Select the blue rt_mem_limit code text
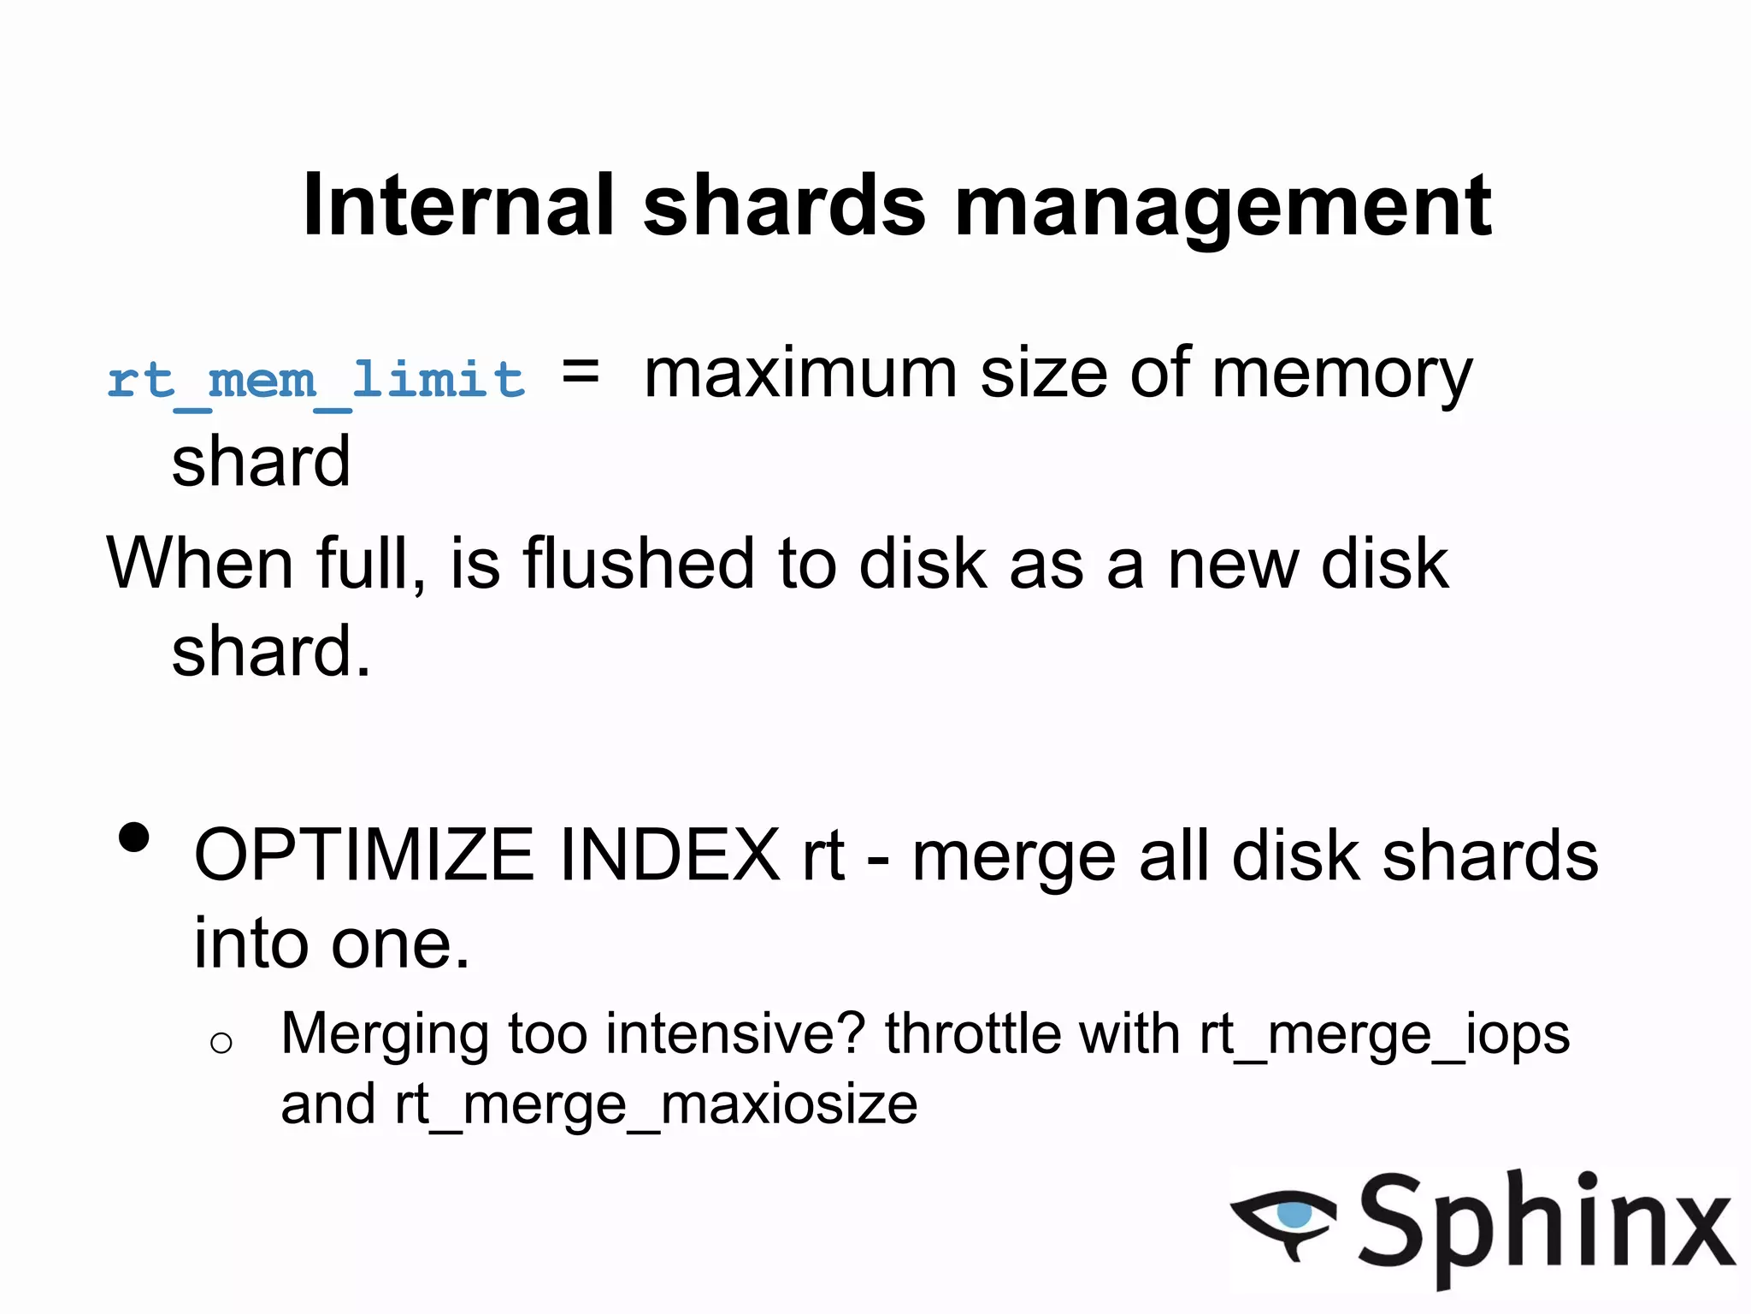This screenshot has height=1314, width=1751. (315, 380)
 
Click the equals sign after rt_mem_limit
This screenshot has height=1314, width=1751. (581, 374)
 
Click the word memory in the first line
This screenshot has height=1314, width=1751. (1342, 376)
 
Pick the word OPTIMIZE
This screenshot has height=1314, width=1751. (364, 855)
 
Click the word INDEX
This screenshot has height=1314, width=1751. (669, 855)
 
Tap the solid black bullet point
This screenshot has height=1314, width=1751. (134, 838)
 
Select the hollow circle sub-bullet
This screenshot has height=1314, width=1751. (221, 1042)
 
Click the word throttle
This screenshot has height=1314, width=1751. (973, 1033)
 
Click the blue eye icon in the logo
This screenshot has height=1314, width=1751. (1294, 1214)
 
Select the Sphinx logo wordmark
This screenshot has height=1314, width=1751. (1546, 1223)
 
